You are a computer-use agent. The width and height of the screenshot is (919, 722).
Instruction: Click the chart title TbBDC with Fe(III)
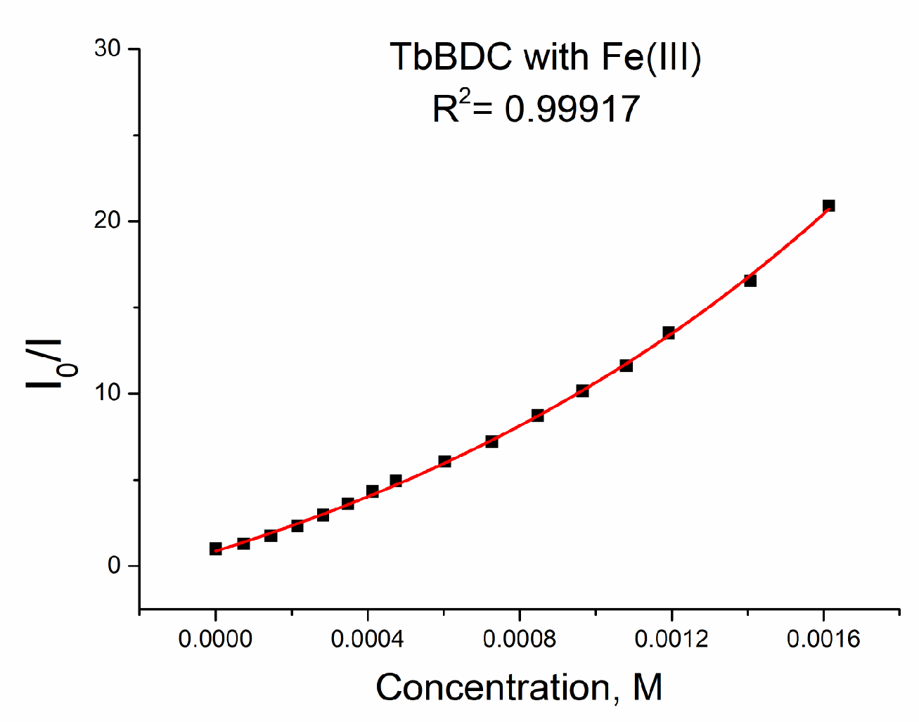click(546, 57)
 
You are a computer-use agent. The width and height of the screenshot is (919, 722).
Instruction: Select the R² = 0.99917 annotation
click(536, 108)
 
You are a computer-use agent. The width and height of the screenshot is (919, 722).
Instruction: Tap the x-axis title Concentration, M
click(519, 687)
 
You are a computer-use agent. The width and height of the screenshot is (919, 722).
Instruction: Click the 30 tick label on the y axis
click(108, 49)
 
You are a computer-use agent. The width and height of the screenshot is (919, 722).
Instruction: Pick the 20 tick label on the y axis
click(108, 221)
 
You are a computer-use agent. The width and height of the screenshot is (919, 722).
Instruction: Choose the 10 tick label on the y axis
click(108, 393)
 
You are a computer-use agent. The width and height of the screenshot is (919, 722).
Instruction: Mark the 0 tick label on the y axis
click(114, 565)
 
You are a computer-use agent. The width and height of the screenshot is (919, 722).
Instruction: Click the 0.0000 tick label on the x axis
click(215, 639)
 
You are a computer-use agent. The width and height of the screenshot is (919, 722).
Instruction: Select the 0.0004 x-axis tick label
click(368, 639)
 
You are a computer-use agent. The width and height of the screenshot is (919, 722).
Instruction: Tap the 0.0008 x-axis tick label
click(520, 639)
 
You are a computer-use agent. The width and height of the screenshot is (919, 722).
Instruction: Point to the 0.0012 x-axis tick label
click(671, 639)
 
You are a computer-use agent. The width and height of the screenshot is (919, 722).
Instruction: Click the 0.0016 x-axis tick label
click(823, 639)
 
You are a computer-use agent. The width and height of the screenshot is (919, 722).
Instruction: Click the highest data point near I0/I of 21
click(828, 206)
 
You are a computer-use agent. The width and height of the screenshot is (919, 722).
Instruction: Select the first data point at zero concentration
click(216, 548)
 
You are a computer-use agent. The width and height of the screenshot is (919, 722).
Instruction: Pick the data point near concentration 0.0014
click(750, 281)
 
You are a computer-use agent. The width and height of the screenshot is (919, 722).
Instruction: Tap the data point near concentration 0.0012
click(668, 333)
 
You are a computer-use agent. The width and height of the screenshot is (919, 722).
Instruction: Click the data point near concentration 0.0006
click(444, 461)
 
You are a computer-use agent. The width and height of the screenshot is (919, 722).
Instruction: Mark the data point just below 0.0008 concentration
click(491, 441)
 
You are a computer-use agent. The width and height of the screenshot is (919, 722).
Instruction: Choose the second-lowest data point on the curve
click(243, 543)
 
